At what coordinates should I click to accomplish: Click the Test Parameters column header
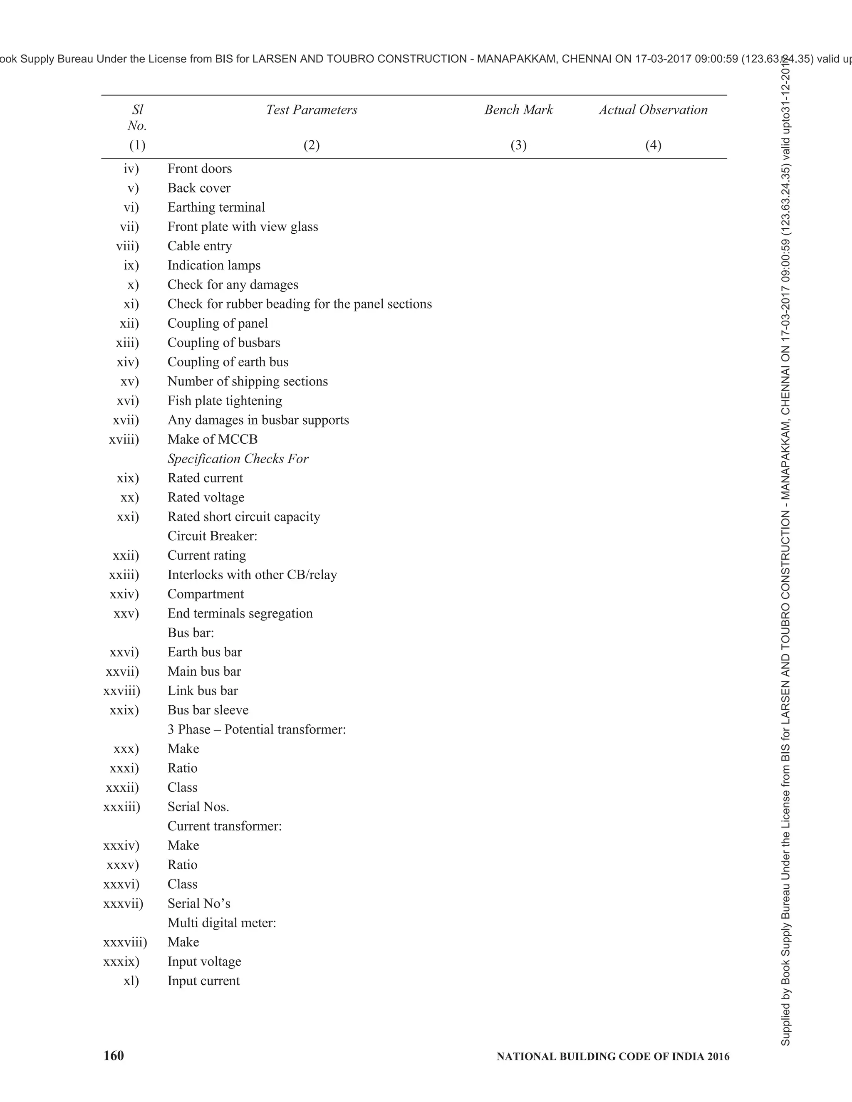[x=312, y=110]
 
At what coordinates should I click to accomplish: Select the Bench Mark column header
[x=518, y=110]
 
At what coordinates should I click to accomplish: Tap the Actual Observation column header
[x=653, y=110]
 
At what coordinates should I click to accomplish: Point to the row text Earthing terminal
[x=216, y=208]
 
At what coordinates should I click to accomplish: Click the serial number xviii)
[x=124, y=440]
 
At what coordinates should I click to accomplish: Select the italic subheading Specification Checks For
[x=238, y=459]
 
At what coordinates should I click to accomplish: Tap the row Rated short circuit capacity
[x=244, y=516]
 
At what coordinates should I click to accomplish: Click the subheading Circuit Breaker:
[x=212, y=536]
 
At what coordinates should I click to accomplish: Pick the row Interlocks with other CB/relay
[x=252, y=575]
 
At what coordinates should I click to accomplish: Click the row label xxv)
[x=126, y=613]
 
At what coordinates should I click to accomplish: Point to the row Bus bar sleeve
[x=208, y=710]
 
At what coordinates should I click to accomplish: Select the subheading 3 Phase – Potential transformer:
[x=256, y=730]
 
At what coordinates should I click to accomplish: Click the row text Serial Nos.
[x=198, y=807]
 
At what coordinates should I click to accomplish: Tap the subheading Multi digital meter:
[x=222, y=923]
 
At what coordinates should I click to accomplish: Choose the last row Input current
[x=203, y=981]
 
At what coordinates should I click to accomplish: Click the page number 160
[x=114, y=1056]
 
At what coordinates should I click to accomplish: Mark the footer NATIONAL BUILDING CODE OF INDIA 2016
[x=613, y=1057]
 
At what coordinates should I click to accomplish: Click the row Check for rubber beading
[x=299, y=304]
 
